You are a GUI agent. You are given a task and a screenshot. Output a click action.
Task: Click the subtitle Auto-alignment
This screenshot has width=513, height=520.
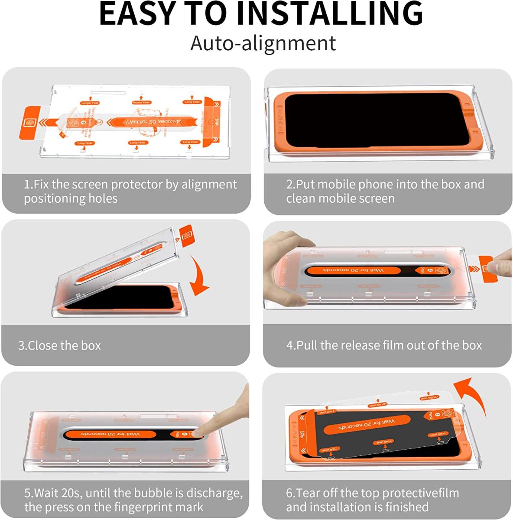coord(263,43)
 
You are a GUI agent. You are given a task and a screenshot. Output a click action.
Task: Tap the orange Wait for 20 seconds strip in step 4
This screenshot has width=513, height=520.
coord(353,271)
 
